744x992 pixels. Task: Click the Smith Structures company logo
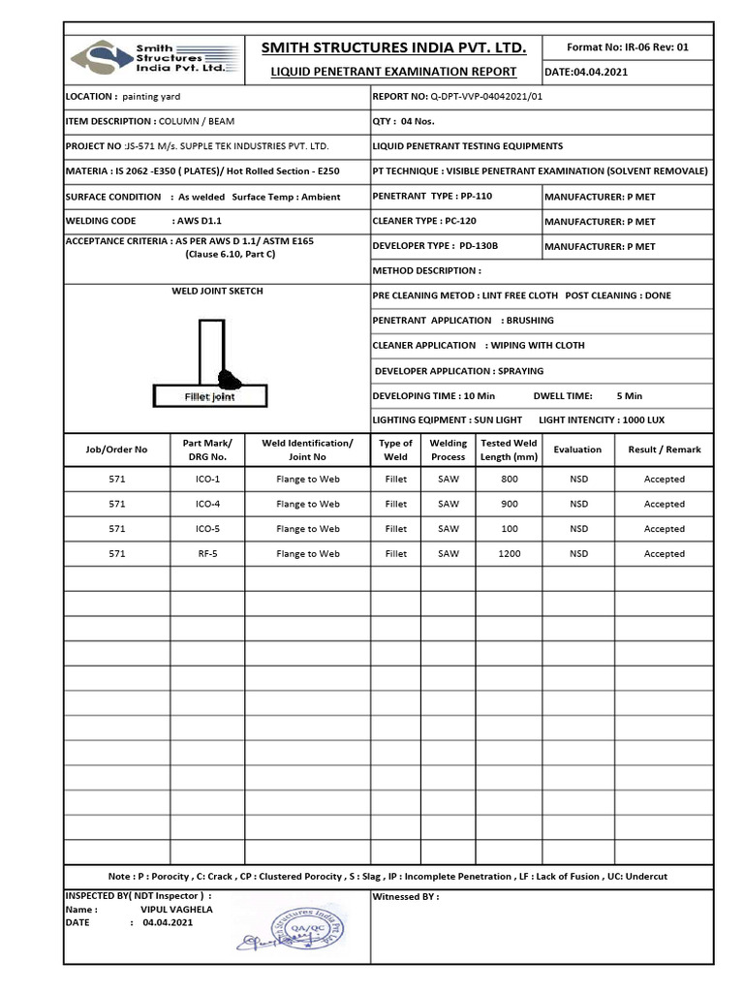pos(151,58)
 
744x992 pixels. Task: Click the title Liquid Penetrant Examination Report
pos(392,72)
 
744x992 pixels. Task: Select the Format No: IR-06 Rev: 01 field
pos(627,46)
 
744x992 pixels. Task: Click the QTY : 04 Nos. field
pos(404,122)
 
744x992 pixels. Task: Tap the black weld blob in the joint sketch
pos(231,377)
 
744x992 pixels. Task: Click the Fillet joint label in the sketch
pos(210,397)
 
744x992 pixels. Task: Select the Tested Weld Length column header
pos(509,449)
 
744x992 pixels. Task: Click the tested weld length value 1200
pos(509,554)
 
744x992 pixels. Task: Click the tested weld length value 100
pos(509,529)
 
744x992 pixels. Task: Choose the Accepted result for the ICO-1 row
pos(664,480)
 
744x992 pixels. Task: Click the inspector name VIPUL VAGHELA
pos(176,910)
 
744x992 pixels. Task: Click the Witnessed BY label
pos(405,897)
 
